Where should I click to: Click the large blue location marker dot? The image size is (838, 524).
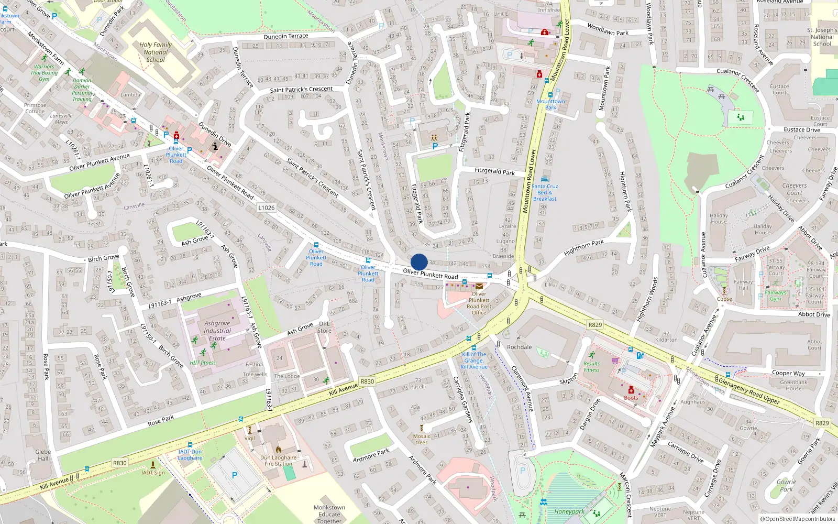[419, 262]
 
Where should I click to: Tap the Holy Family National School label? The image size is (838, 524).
[156, 52]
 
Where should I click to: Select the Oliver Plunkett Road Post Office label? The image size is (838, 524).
[479, 303]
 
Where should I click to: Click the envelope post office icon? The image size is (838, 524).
[479, 286]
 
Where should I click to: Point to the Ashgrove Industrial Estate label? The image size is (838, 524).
[217, 331]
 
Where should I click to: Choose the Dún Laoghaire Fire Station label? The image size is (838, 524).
[278, 461]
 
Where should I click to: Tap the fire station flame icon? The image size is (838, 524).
[278, 450]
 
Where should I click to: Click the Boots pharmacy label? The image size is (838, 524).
[631, 398]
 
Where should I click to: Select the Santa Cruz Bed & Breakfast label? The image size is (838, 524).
[545, 192]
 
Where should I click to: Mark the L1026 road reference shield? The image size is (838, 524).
[266, 208]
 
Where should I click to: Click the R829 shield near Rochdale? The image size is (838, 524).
[595, 325]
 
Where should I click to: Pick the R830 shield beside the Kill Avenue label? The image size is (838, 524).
[367, 381]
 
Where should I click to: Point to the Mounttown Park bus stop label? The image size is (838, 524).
[550, 104]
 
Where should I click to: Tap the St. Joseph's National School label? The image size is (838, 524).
[822, 37]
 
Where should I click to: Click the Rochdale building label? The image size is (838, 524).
[519, 347]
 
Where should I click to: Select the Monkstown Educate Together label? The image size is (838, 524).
[329, 514]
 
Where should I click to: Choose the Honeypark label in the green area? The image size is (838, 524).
[569, 512]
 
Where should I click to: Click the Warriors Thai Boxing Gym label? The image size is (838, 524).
[44, 73]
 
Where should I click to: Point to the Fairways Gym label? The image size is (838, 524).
[775, 296]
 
